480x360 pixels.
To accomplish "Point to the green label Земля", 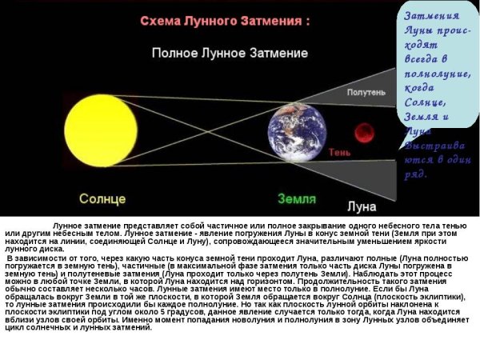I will point(296,198).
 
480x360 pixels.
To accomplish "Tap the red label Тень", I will point(338,152).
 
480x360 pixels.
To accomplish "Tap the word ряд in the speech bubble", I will point(417,174).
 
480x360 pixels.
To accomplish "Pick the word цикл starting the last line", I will point(14,327).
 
